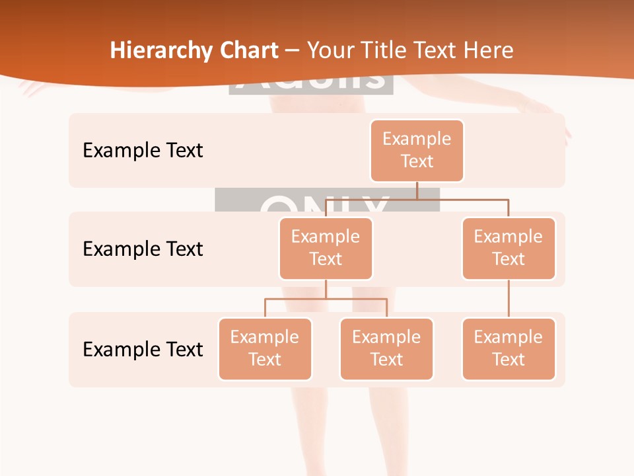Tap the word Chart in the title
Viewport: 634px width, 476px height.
click(246, 51)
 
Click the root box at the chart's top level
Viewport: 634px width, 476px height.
click(417, 150)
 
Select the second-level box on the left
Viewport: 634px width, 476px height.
click(326, 248)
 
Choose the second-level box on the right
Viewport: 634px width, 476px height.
click(509, 248)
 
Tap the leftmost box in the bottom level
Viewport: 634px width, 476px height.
click(265, 348)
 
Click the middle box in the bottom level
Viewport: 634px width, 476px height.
click(386, 348)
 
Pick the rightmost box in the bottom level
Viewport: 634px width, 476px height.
click(509, 348)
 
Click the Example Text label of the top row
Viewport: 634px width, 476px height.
click(143, 150)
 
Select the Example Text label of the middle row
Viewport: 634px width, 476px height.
click(143, 249)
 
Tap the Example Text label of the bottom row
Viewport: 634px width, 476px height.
click(143, 349)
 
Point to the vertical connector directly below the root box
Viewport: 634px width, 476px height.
click(417, 190)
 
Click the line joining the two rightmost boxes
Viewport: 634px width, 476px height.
click(509, 299)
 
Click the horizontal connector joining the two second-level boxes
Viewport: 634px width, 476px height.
click(462, 199)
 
